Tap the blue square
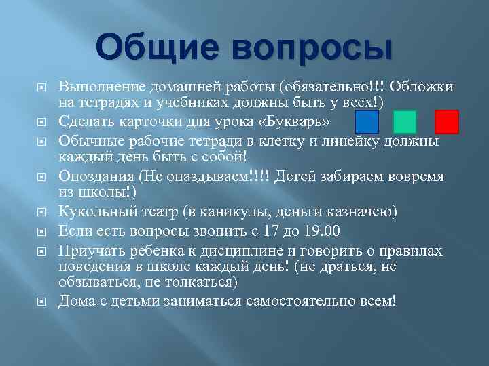[x=367, y=122]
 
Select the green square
[x=405, y=122]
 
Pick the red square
[x=447, y=122]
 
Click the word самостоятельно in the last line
[x=288, y=300]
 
